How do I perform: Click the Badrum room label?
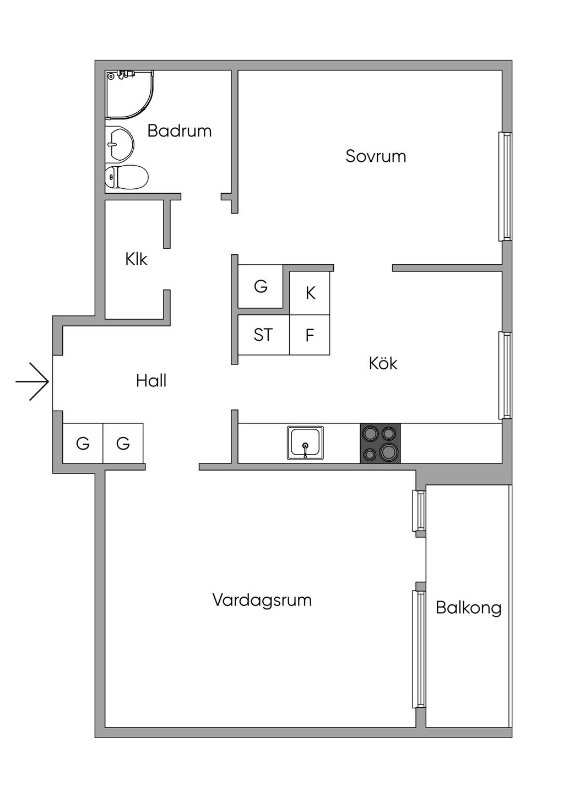[x=180, y=131]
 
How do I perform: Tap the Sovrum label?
[x=376, y=156]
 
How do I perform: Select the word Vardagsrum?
[x=262, y=601]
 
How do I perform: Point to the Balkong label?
[x=469, y=608]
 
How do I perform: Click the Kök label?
[x=383, y=363]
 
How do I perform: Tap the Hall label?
[x=151, y=381]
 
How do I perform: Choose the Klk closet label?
[x=137, y=259]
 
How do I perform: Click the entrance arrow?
[x=32, y=381]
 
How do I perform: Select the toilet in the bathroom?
[x=127, y=177]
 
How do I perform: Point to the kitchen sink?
[x=305, y=443]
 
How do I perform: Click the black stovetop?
[x=380, y=443]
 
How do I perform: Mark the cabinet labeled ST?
[x=263, y=335]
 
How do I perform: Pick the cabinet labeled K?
[x=310, y=293]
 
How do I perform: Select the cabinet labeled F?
[x=310, y=335]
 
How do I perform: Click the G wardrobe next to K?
[x=261, y=286]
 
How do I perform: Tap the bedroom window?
[x=505, y=187]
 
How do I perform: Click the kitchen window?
[x=505, y=375]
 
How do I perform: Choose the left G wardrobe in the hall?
[x=83, y=443]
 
